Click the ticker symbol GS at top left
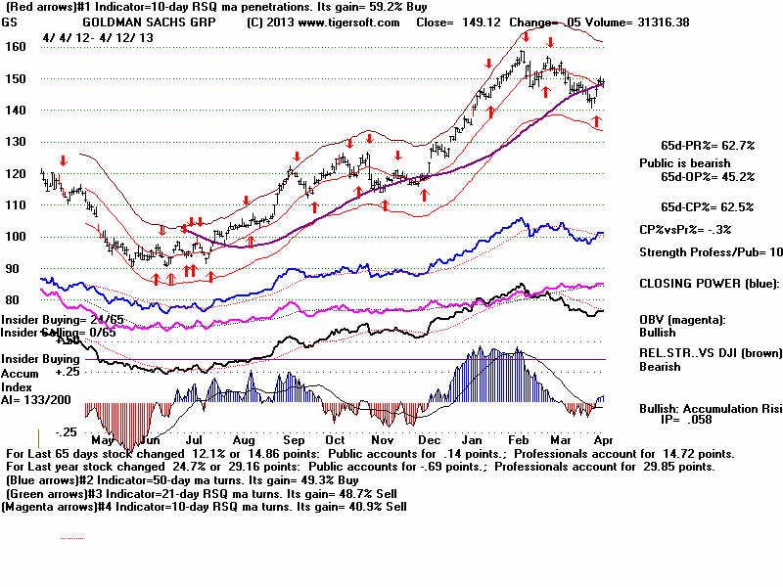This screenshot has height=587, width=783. coord(12,22)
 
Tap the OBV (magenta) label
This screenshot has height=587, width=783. coord(684,320)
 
